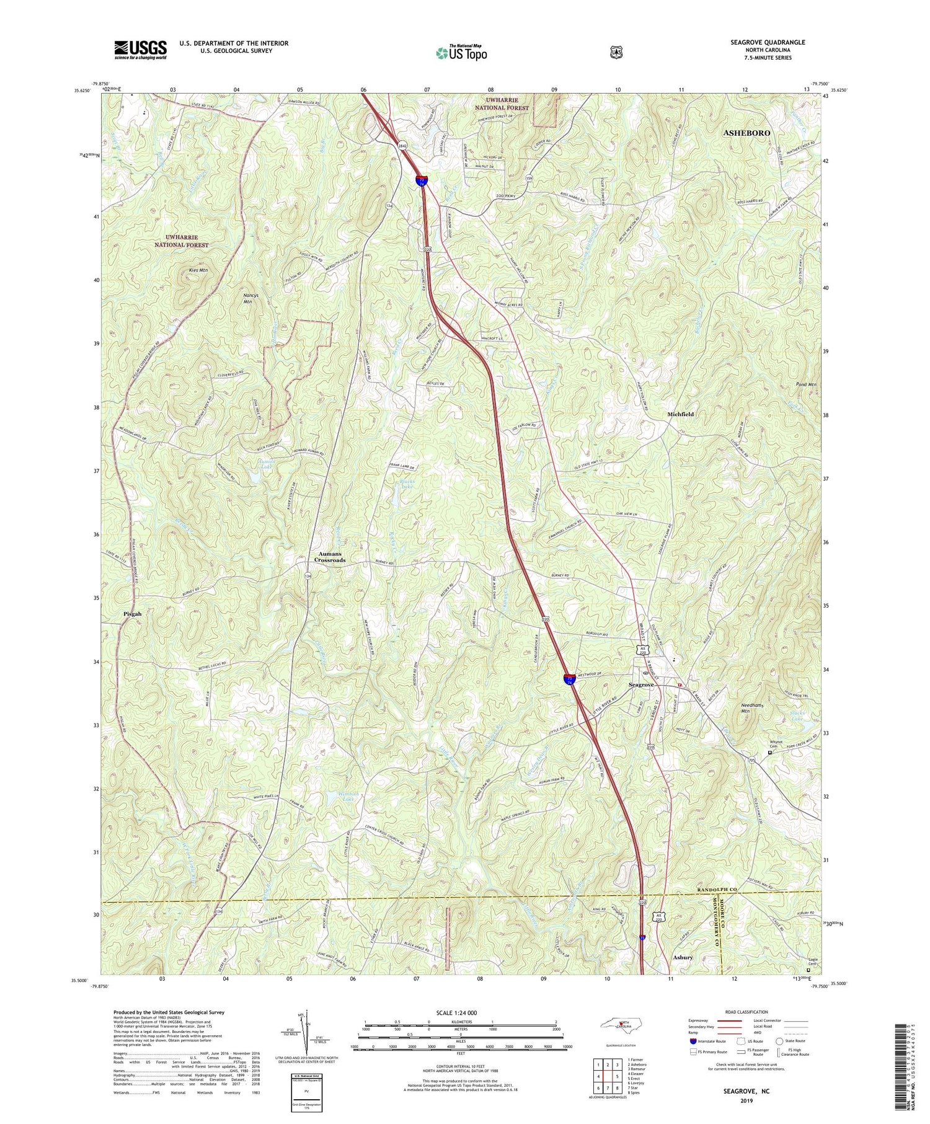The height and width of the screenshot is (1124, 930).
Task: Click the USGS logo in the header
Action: coord(140,50)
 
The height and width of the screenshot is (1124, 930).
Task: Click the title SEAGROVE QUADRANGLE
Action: coord(768,42)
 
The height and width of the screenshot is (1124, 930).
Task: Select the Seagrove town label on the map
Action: coord(644,684)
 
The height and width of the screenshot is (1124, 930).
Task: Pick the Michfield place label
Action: coord(680,414)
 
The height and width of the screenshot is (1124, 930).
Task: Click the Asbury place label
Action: coord(683,957)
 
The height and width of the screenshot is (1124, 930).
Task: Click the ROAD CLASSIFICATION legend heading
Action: coord(743,1012)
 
